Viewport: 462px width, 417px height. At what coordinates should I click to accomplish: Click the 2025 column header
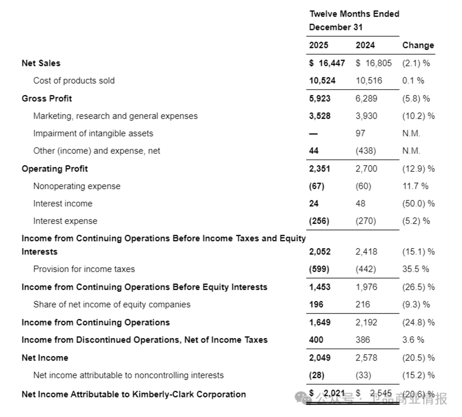318,45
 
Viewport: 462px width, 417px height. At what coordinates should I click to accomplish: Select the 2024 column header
365,45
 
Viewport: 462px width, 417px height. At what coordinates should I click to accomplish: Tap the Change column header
418,45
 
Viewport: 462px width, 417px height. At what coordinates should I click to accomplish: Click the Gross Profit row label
47,99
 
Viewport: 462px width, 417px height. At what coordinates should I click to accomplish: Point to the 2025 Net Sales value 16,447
327,63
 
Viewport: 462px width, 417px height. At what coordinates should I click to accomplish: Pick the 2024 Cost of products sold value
369,81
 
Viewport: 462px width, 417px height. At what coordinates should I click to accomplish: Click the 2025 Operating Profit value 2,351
320,168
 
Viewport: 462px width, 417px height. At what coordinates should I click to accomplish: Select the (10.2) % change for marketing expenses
418,116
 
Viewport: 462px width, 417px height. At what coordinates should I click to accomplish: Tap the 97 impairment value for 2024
360,133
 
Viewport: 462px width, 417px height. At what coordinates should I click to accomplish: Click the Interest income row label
62,204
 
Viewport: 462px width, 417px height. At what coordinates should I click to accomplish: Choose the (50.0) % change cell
418,204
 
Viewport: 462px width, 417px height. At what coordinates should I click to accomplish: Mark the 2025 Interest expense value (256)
319,221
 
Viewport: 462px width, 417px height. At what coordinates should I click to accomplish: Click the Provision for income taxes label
84,269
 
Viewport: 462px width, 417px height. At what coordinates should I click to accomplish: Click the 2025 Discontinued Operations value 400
316,340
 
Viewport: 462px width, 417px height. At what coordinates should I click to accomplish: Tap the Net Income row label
45,357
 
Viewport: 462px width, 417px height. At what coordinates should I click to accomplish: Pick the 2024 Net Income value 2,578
366,357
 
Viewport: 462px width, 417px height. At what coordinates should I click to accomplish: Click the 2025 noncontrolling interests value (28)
317,375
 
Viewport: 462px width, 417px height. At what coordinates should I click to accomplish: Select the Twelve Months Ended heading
354,14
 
